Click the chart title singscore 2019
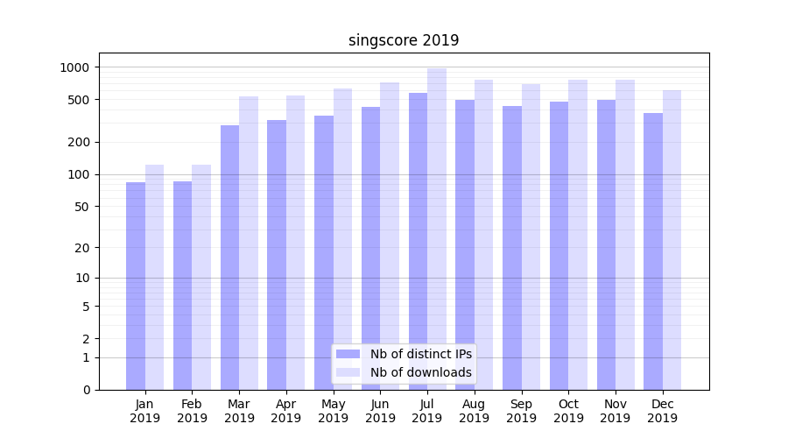click(x=403, y=40)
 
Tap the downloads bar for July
click(x=437, y=229)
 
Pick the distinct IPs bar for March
click(x=229, y=258)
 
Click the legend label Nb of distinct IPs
click(x=420, y=354)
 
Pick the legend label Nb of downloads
click(x=420, y=372)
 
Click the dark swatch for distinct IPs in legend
click(x=348, y=354)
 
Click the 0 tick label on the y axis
click(x=86, y=390)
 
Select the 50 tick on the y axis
click(x=81, y=207)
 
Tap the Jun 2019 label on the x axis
click(x=380, y=411)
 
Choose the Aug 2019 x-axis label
click(x=475, y=411)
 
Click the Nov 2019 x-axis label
click(x=616, y=411)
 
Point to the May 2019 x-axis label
click(x=334, y=411)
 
